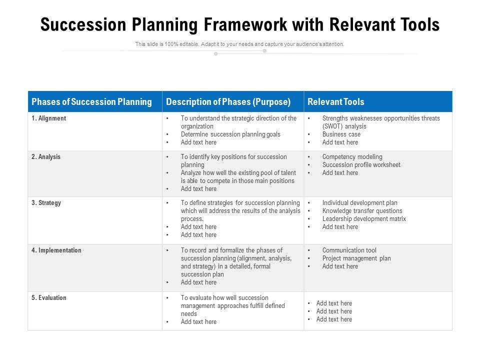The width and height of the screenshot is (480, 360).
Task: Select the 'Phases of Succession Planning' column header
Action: click(x=91, y=102)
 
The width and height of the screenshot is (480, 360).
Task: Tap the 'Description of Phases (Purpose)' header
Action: click(x=228, y=102)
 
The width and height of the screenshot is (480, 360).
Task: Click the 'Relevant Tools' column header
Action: click(x=336, y=102)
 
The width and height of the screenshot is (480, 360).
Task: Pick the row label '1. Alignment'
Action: click(x=48, y=118)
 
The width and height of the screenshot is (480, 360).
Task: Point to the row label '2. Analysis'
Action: click(x=46, y=157)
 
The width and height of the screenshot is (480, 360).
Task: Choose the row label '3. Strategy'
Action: click(x=46, y=203)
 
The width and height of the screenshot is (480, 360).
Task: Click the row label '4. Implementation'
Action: click(x=56, y=250)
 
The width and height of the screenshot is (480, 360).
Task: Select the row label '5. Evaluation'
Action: click(x=48, y=298)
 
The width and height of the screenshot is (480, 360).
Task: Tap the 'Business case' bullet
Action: click(x=341, y=134)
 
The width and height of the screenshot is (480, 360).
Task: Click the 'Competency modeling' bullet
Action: click(x=352, y=157)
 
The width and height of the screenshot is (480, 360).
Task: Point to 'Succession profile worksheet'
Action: click(x=361, y=165)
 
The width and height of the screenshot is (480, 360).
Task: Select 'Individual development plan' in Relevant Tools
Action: click(x=359, y=203)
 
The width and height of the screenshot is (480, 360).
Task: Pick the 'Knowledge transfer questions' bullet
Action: click(x=362, y=211)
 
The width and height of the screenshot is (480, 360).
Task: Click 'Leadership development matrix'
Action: click(x=364, y=219)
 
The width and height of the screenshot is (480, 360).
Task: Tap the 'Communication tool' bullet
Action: click(x=349, y=250)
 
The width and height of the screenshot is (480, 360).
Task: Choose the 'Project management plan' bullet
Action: click(x=356, y=258)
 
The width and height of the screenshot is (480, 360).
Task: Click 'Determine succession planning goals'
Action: click(x=230, y=134)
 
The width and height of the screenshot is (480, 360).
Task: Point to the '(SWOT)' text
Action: click(x=332, y=126)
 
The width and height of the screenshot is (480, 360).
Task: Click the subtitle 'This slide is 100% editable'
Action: click(x=239, y=44)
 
